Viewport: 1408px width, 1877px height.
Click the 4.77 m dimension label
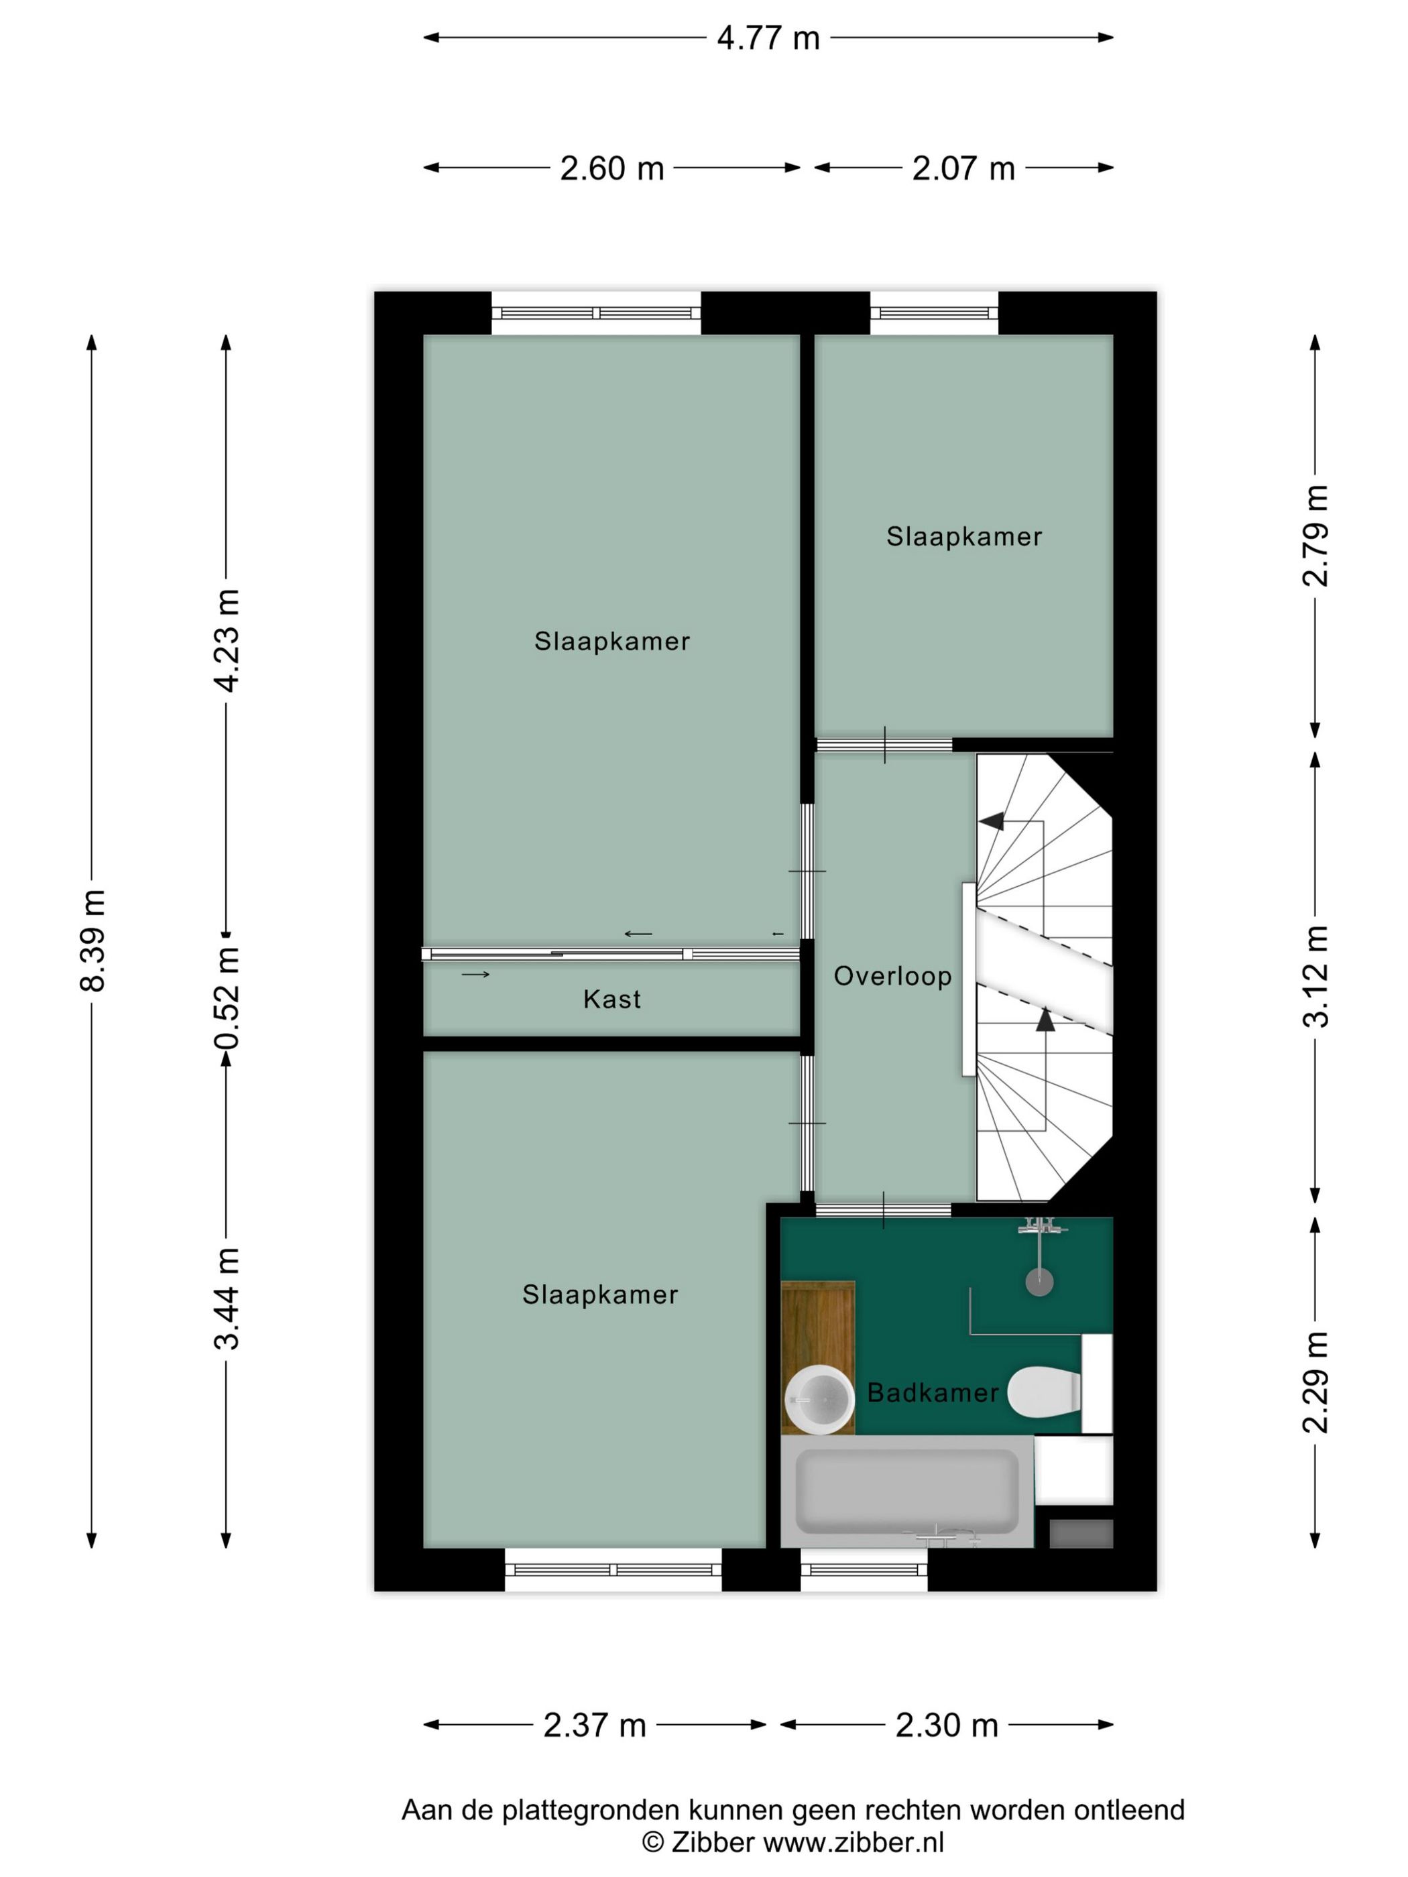(768, 38)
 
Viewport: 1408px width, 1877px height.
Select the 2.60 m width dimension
(611, 168)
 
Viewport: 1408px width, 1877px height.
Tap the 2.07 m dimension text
(963, 168)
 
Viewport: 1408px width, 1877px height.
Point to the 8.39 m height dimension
(92, 941)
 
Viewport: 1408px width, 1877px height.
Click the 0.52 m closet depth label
(227, 998)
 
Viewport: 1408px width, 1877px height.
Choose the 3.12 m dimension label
(1315, 977)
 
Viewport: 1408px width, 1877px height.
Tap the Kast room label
(612, 1000)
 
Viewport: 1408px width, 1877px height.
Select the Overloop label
(893, 977)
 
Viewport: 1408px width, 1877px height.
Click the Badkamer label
(933, 1392)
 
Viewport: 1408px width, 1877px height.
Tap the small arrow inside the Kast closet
(475, 974)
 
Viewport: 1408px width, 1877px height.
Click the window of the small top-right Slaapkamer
(935, 313)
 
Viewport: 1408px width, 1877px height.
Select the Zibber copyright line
(793, 1841)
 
